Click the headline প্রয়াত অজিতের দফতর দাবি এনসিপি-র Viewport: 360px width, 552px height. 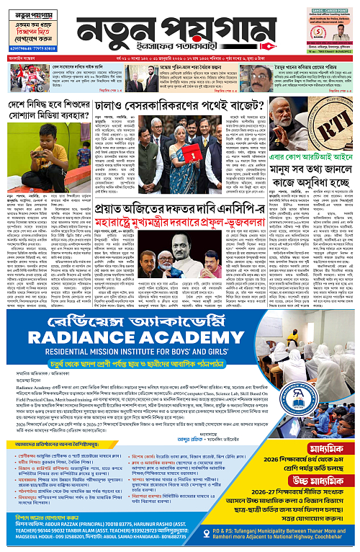coord(204,213)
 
